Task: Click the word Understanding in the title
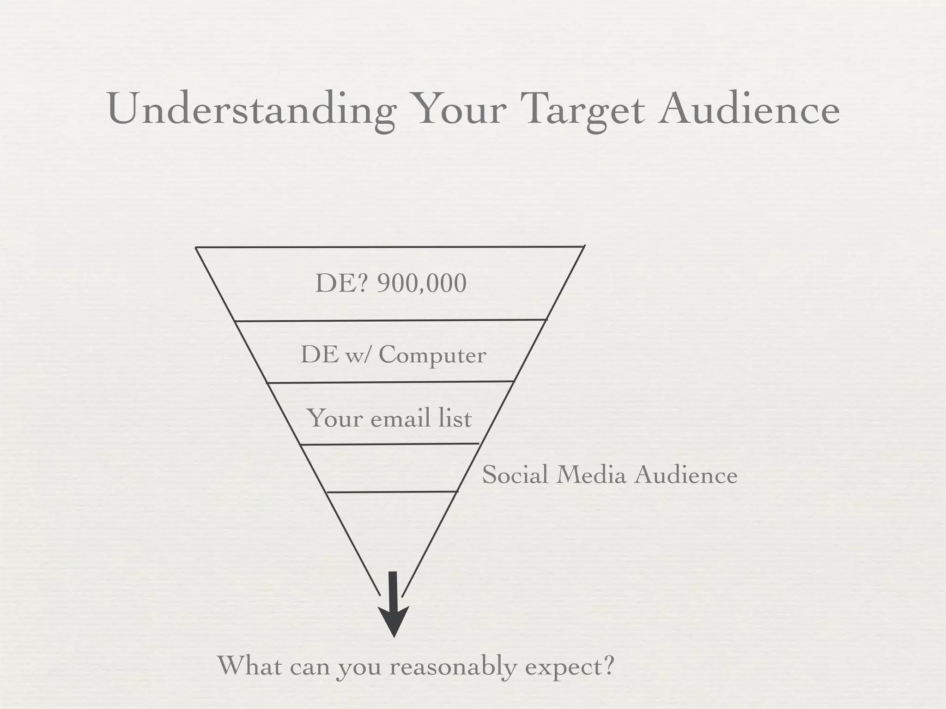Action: [252, 111]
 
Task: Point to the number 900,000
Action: [421, 283]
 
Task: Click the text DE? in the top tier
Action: [341, 283]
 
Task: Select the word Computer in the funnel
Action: [432, 355]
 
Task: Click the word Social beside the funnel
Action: [515, 475]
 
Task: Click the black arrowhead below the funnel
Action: [394, 621]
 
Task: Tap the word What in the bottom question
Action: [249, 665]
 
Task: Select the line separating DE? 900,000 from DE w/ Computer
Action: [391, 320]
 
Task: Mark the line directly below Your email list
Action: [390, 444]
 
